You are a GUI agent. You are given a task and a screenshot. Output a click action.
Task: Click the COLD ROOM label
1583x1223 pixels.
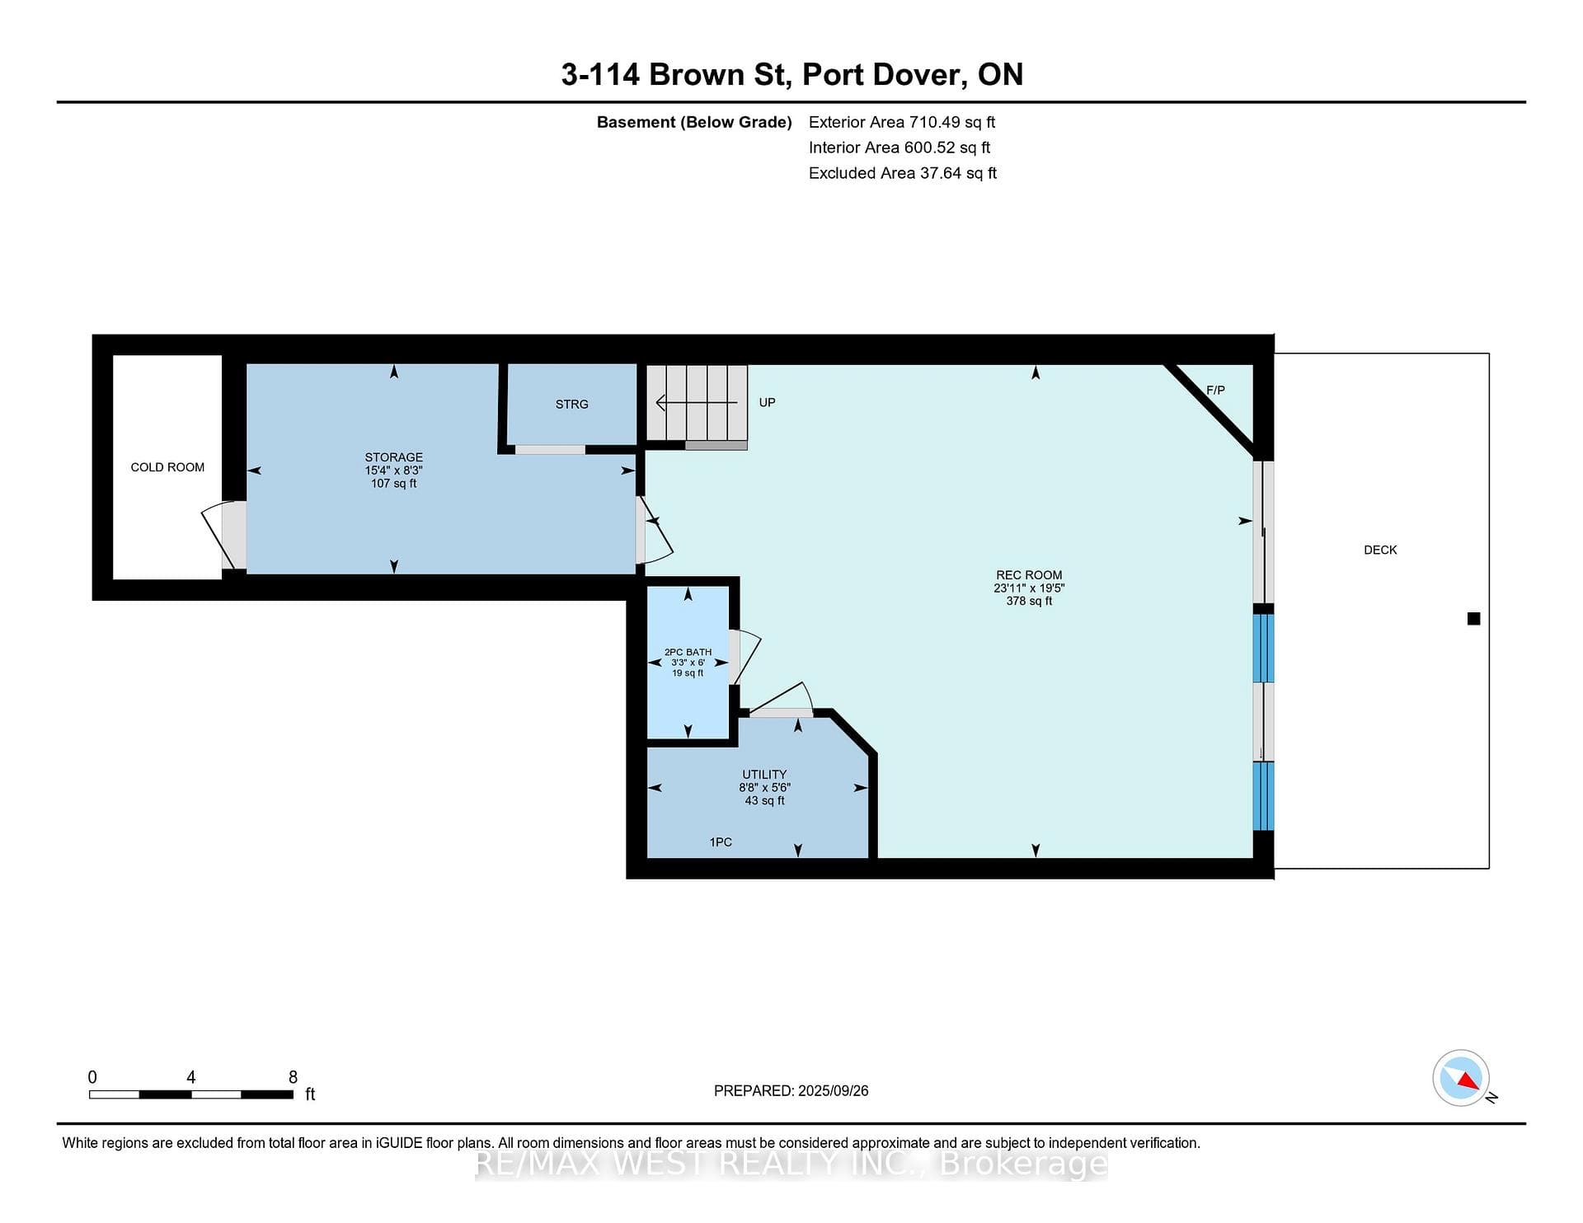tap(167, 467)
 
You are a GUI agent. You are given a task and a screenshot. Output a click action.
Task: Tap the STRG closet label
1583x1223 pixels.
tap(572, 404)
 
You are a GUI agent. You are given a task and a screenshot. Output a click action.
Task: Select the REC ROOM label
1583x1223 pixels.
tap(1029, 575)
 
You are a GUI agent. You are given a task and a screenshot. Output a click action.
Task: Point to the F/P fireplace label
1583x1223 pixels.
tap(1215, 390)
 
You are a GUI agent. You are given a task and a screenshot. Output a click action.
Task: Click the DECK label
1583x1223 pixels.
tap(1380, 550)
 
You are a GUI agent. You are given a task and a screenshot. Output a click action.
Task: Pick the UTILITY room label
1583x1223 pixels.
tap(764, 775)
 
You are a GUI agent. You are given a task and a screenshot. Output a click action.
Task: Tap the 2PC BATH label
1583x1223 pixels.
tap(688, 652)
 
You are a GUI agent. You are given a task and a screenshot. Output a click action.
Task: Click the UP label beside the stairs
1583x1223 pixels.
tap(767, 402)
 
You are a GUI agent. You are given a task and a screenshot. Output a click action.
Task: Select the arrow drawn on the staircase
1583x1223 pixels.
tap(697, 402)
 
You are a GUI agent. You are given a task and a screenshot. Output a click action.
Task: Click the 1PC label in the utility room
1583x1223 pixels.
tap(721, 842)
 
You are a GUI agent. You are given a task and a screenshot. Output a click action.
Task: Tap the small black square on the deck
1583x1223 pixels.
tap(1474, 619)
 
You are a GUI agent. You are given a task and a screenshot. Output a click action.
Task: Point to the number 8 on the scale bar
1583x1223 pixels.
tap(293, 1077)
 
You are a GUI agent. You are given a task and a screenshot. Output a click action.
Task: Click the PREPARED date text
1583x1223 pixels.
tap(791, 1090)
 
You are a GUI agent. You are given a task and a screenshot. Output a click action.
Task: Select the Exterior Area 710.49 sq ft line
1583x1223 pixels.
tap(902, 122)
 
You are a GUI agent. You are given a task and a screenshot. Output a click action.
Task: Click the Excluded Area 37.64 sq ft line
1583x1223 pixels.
tap(903, 173)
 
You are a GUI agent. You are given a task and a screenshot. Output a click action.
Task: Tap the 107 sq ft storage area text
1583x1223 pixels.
tap(394, 483)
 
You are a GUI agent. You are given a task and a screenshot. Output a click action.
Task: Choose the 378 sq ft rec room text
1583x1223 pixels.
tap(1029, 601)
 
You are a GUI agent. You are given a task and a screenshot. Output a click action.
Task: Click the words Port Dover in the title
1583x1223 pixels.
tap(881, 74)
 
